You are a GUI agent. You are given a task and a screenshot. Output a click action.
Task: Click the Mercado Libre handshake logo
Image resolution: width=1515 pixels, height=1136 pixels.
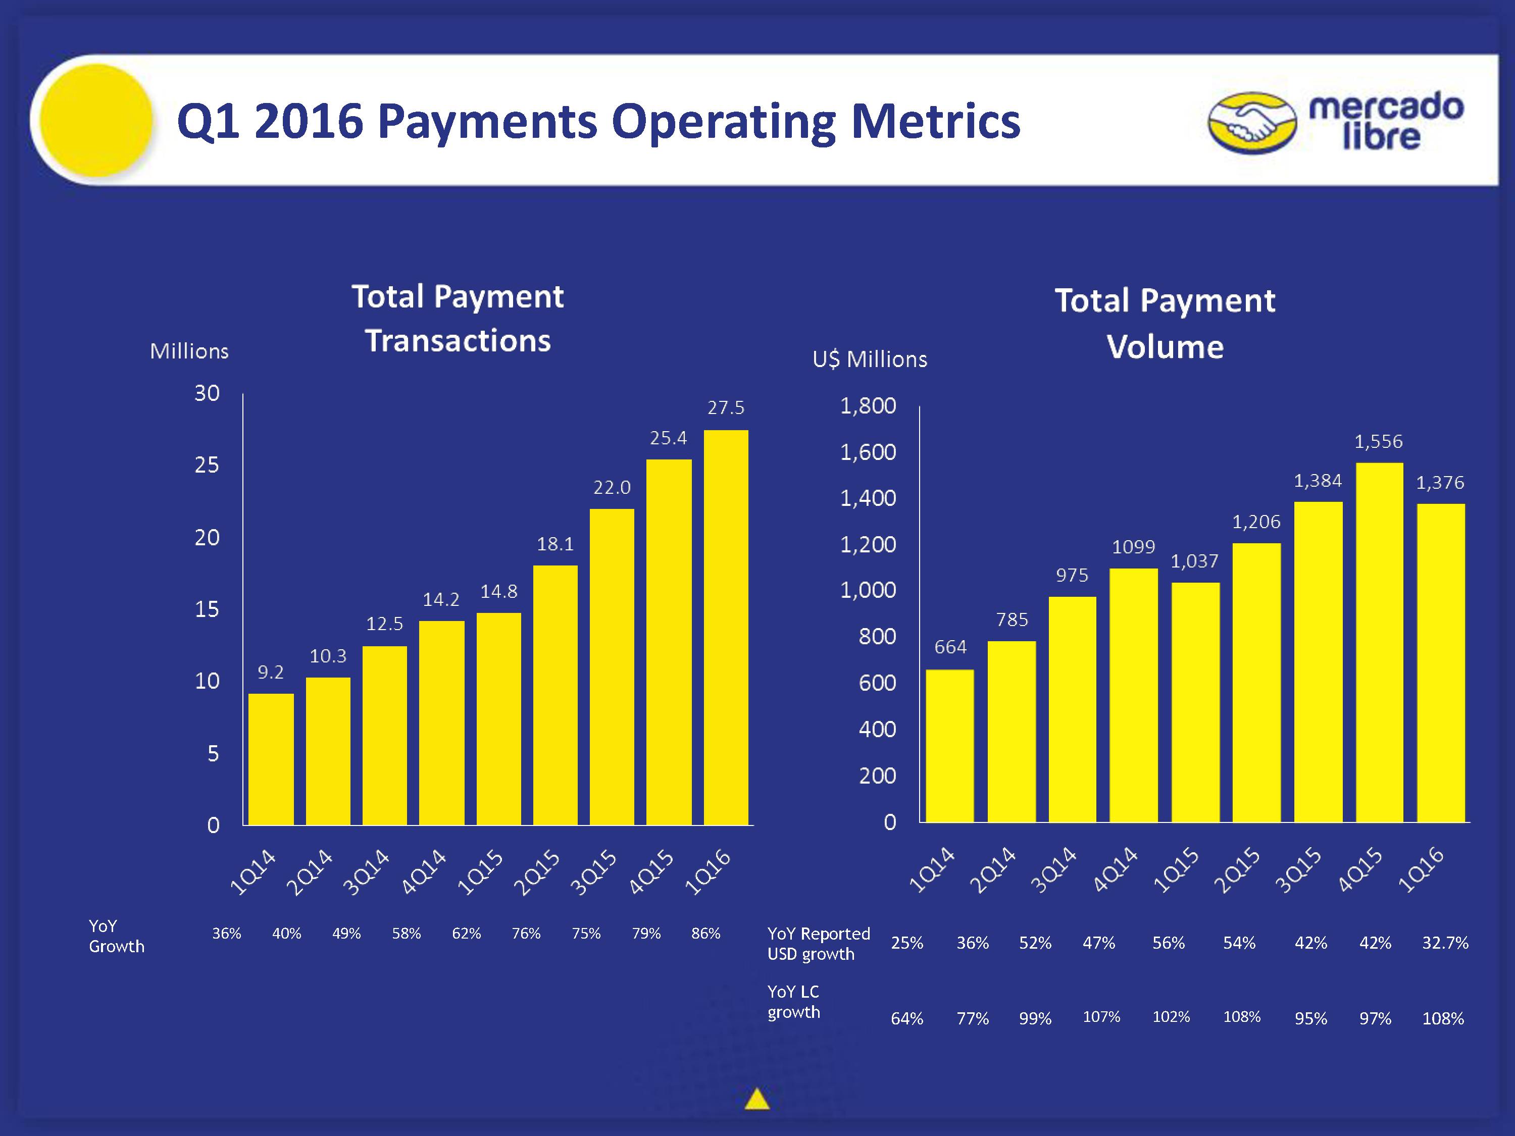1252,123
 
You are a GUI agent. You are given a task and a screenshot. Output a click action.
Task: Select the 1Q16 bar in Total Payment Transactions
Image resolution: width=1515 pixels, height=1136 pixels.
726,627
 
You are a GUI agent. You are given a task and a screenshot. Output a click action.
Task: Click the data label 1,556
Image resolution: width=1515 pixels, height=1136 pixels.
1378,442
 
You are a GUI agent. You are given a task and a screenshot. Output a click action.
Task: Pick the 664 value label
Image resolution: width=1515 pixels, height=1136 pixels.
950,647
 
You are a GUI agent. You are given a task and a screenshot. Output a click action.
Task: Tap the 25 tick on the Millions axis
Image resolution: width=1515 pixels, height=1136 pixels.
207,466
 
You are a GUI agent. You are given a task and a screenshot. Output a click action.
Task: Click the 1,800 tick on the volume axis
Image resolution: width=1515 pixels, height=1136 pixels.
868,406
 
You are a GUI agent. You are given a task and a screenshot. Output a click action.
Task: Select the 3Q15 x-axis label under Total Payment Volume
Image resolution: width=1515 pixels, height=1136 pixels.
1298,869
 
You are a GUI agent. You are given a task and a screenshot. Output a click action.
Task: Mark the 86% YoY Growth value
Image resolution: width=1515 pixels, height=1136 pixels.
705,934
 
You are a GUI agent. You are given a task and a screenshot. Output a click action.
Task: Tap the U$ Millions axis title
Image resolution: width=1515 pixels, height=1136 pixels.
870,359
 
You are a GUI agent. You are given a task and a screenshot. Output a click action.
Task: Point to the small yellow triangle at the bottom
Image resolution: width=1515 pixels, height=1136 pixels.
757,1099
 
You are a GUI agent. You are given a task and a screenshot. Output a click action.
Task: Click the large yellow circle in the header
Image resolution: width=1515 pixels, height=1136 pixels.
96,120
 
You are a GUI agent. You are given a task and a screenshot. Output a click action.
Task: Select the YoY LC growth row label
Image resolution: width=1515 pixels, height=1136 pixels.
793,1002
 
